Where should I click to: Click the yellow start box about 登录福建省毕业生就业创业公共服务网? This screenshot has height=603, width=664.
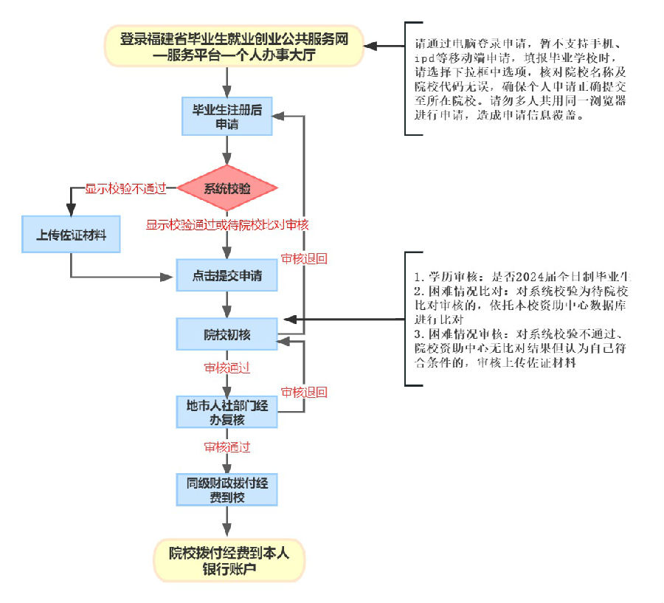pos(234,45)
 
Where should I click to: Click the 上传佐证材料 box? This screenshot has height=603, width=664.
pos(72,235)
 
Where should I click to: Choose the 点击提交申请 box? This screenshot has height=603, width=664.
pos(227,277)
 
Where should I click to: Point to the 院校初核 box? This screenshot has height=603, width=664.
pos(227,334)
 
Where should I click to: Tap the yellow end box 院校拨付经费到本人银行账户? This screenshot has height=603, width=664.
pos(229,560)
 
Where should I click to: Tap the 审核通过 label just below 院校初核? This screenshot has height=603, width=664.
pos(227,367)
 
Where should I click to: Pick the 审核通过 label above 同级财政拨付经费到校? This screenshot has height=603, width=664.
pos(227,447)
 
